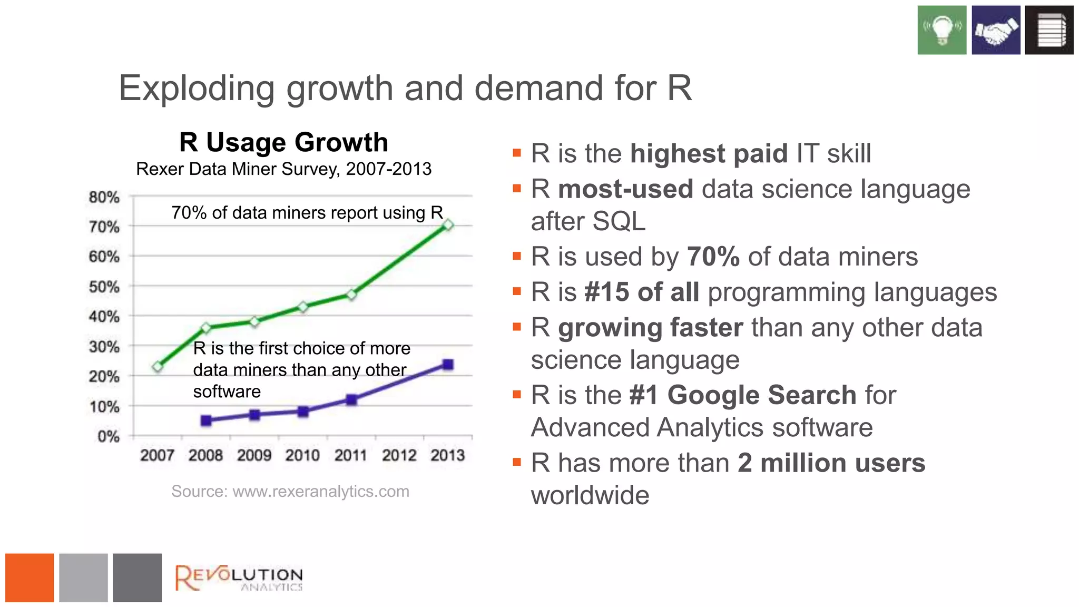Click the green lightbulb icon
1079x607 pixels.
941,30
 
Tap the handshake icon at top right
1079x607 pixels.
995,30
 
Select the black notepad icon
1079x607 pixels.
1049,30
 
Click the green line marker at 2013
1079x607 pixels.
448,226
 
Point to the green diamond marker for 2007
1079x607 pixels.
158,366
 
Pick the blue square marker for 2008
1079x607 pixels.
206,420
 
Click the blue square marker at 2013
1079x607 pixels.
448,365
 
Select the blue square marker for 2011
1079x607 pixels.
351,400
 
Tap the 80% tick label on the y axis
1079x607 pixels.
104,198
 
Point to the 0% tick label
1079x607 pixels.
109,437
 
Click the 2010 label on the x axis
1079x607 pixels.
302,455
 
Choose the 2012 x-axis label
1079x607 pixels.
399,455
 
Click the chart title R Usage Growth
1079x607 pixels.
283,142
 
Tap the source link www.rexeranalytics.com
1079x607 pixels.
320,492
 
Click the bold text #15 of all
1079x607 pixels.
641,292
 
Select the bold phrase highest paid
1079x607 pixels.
709,154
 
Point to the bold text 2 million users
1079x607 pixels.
831,463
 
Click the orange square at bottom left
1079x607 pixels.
30,577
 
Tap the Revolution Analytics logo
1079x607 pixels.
239,578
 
